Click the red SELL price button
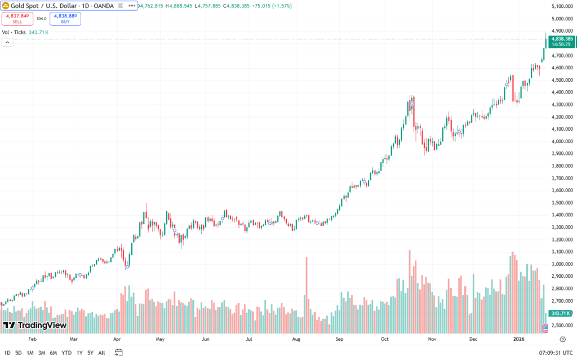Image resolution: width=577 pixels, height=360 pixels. (17, 19)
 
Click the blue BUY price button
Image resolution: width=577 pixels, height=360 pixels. (65, 19)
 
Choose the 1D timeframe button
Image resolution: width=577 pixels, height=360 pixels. (7, 353)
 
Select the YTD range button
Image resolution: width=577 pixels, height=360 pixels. (66, 353)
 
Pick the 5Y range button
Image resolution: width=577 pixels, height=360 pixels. (90, 353)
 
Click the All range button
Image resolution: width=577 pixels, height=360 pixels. (101, 353)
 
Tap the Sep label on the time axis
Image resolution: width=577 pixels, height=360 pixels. (339, 340)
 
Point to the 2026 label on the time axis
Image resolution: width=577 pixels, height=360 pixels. (518, 340)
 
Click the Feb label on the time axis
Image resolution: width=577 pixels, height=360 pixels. (32, 340)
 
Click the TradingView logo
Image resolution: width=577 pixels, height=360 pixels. (35, 325)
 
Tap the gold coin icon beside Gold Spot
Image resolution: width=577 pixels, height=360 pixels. (6, 6)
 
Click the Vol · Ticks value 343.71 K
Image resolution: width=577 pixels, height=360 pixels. (39, 32)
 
